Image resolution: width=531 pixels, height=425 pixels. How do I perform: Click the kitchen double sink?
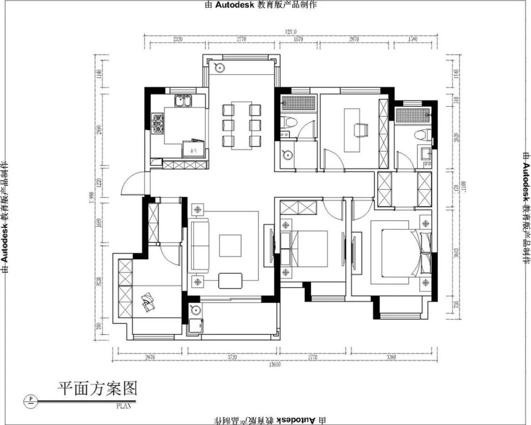click(184, 101)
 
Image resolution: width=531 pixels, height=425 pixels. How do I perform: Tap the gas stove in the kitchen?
click(158, 123)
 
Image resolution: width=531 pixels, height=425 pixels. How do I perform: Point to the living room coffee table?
click(258, 245)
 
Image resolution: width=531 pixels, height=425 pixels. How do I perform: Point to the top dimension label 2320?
click(178, 39)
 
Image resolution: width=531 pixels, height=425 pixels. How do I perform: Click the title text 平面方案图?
click(97, 389)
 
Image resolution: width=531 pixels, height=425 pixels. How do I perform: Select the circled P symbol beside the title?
click(31, 399)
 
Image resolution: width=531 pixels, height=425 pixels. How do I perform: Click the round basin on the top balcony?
click(219, 67)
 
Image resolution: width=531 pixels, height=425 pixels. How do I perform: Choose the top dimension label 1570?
click(298, 39)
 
